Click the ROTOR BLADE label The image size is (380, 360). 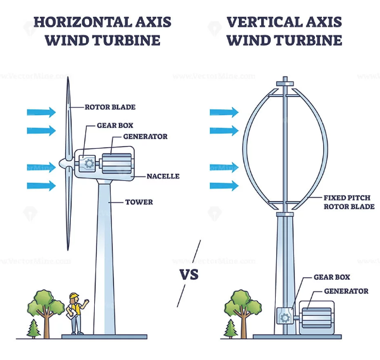click(x=110, y=107)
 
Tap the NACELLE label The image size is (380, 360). click(x=163, y=176)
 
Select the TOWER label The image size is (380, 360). click(x=140, y=202)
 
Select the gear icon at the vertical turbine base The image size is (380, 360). click(x=285, y=317)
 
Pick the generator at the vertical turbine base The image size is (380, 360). click(x=319, y=317)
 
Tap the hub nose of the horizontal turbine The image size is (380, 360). click(x=63, y=163)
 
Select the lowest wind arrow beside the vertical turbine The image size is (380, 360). click(x=224, y=186)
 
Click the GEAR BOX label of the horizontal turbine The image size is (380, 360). click(x=116, y=125)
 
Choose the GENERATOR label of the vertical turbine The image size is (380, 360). click(x=345, y=291)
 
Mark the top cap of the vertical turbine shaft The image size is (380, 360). click(x=285, y=82)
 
